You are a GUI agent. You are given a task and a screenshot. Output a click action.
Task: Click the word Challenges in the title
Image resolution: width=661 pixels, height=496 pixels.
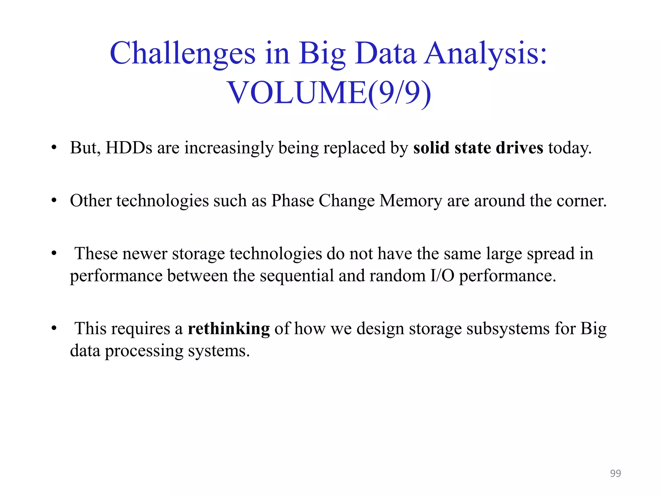click(x=183, y=54)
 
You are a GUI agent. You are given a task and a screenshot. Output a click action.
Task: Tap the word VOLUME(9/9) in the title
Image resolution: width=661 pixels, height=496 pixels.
click(x=329, y=93)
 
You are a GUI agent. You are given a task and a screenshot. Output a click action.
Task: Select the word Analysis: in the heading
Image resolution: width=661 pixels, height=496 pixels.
click(x=486, y=54)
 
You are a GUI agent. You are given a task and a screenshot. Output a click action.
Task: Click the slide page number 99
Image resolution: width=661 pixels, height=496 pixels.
click(x=615, y=473)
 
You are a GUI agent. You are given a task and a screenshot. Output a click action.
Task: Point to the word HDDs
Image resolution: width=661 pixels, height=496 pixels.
click(x=129, y=148)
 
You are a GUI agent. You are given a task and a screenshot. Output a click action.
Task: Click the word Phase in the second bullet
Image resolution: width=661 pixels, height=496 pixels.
click(x=292, y=201)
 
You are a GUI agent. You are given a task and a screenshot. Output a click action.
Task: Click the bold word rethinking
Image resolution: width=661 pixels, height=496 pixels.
click(x=229, y=329)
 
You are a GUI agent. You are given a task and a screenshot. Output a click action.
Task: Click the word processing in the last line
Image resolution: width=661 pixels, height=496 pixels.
click(x=144, y=351)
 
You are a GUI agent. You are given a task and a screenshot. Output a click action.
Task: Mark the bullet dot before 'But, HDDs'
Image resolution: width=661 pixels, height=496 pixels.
click(x=54, y=148)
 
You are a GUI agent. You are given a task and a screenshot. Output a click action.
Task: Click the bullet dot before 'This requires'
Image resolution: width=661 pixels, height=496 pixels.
click(x=54, y=328)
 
